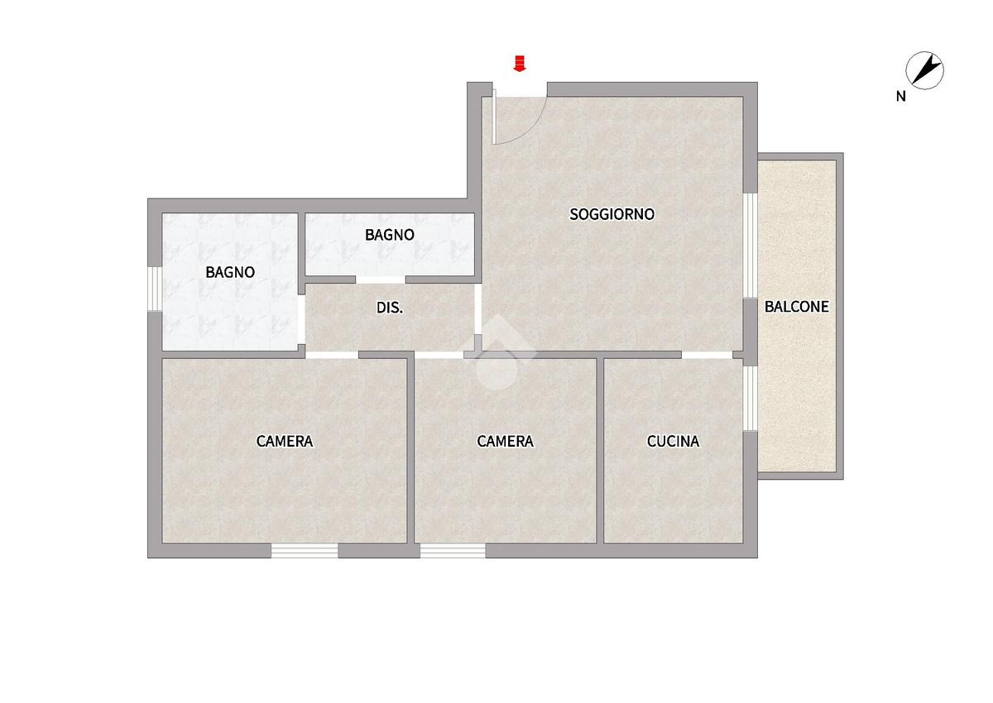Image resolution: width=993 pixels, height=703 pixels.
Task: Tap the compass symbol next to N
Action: pos(924,70)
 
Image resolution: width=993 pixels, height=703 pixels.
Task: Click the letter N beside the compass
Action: pos(901,97)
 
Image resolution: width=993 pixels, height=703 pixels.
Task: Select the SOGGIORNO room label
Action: pos(612,214)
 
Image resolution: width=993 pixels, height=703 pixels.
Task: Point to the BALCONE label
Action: pos(797,307)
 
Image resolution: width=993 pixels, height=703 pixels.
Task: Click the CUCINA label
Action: pos(673,441)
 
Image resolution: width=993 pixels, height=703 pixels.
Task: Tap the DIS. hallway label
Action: pos(390,308)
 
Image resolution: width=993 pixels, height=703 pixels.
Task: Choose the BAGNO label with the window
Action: pos(230,272)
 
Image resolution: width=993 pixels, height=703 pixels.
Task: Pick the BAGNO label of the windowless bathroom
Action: pos(390,235)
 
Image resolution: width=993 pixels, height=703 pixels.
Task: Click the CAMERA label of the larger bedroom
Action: pos(285,441)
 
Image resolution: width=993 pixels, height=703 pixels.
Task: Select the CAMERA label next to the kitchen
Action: pos(505,441)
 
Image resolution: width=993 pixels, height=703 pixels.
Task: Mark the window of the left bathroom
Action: pos(155,289)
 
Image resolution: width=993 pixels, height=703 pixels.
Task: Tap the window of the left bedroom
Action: pos(305,551)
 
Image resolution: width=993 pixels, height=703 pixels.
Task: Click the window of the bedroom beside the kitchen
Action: pos(453,551)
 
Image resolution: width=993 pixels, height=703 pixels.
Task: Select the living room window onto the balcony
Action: pos(750,246)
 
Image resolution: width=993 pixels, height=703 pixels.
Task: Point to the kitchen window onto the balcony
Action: pos(750,398)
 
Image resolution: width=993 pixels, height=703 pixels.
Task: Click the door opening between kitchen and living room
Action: pos(707,355)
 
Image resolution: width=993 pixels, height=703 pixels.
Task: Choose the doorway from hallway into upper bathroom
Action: pos(381,280)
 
